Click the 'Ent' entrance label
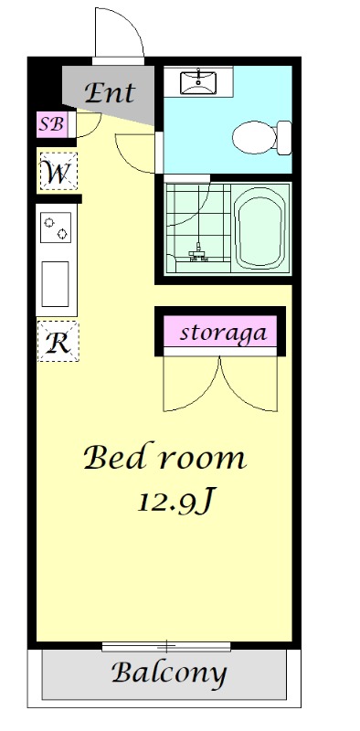(x=110, y=92)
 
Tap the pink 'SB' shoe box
(x=50, y=124)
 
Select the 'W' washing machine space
(x=58, y=172)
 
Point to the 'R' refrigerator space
(x=58, y=343)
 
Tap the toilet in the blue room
(x=259, y=139)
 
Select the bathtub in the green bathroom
(x=263, y=229)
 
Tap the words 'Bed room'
(x=165, y=457)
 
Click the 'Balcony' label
(x=168, y=674)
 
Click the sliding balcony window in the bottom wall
(x=166, y=646)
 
